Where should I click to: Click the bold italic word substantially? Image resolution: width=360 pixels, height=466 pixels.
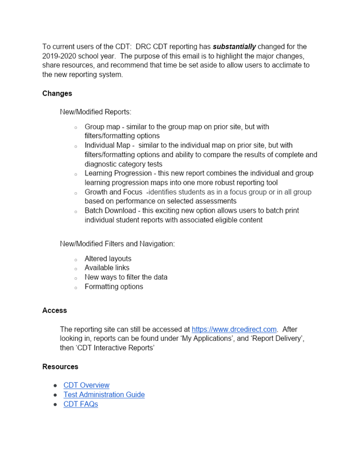234,47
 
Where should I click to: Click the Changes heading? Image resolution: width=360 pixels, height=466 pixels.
57,93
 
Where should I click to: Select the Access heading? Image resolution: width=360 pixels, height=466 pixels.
55,310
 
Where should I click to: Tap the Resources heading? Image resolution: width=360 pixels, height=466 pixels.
60,366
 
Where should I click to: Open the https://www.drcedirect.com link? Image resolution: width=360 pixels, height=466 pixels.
234,329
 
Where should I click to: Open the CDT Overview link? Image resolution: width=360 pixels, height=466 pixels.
86,385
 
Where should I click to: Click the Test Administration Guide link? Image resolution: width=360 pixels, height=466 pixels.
104,394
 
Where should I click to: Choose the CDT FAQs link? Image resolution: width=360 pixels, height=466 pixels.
80,404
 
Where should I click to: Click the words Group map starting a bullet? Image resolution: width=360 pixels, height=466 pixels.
102,126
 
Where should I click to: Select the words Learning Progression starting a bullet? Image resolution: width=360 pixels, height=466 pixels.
118,173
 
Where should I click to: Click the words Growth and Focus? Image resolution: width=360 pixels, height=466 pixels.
113,192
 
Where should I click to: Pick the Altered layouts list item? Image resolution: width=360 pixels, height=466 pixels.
108,259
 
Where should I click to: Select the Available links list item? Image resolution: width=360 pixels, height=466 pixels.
107,268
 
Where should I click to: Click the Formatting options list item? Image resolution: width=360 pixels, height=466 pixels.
114,287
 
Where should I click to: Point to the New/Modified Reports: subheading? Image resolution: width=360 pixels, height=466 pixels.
96,111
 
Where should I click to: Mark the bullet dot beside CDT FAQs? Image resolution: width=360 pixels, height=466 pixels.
55,404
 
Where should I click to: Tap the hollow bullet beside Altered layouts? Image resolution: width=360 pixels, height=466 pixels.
75,259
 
